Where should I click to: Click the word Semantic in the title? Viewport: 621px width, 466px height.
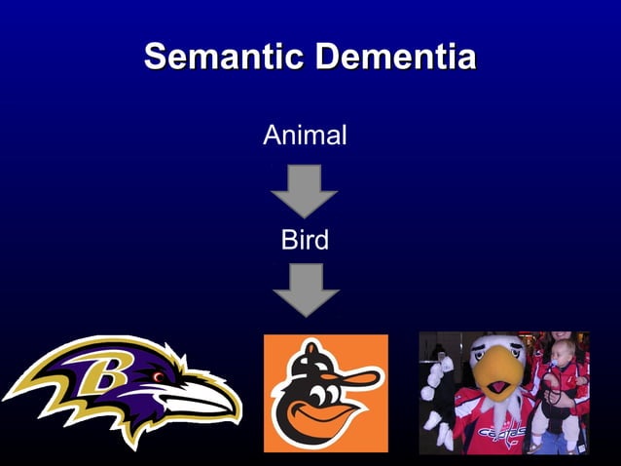click(x=224, y=56)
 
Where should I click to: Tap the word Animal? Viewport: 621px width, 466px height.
click(x=305, y=136)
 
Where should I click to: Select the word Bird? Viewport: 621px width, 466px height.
click(x=305, y=240)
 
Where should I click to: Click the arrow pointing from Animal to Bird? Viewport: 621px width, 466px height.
click(x=304, y=190)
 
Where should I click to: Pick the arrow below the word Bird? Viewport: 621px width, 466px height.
click(x=305, y=290)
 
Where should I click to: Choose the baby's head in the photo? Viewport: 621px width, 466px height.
click(x=562, y=346)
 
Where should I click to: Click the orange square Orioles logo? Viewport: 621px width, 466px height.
click(x=325, y=393)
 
